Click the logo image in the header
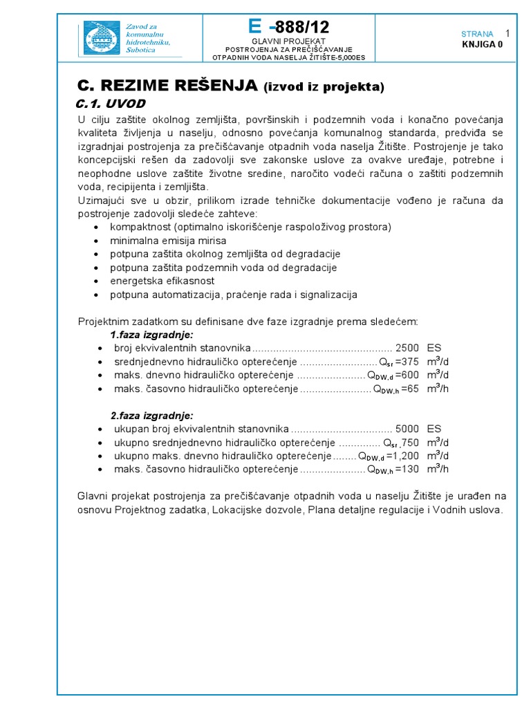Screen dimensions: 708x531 click(102, 38)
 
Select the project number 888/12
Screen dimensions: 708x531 click(302, 28)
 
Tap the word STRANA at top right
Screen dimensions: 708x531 click(477, 34)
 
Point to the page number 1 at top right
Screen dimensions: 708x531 click(508, 33)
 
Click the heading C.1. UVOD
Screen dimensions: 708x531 click(110, 103)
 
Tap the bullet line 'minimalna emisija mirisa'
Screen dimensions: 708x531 click(158, 241)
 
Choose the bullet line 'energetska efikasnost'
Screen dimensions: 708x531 click(162, 281)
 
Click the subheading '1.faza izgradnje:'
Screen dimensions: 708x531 click(152, 335)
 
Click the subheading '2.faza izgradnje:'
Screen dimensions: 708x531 click(152, 416)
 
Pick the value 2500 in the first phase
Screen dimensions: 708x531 click(407, 348)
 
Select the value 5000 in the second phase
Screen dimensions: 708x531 click(407, 429)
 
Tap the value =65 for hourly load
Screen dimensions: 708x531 click(409, 389)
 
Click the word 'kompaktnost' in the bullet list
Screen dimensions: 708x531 click(141, 227)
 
